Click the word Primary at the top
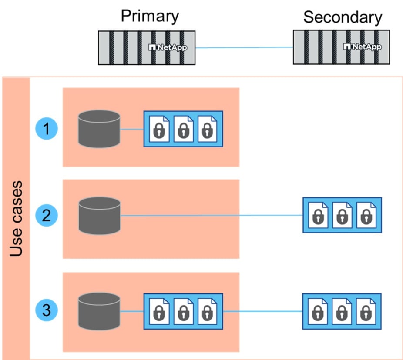(149, 16)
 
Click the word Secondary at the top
(342, 17)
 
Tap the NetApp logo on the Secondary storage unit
(362, 47)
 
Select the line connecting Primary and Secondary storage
(244, 47)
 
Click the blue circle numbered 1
(47, 129)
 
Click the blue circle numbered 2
(47, 216)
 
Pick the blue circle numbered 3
(47, 310)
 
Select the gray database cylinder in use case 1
(99, 129)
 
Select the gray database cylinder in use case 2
(99, 216)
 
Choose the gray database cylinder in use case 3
(99, 311)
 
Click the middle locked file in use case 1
(183, 129)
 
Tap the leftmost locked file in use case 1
(159, 129)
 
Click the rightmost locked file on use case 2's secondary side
(366, 215)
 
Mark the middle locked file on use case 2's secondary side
(342, 215)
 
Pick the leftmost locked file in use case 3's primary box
(159, 311)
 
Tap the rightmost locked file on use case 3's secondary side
(366, 311)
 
